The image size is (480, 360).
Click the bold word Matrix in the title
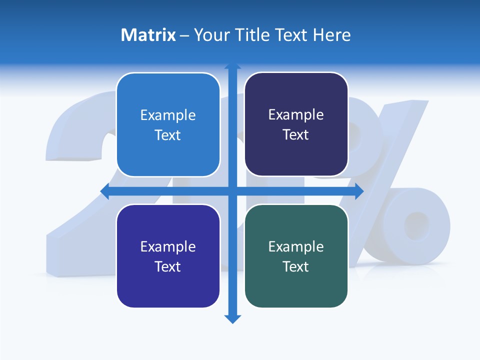pyautogui.click(x=148, y=35)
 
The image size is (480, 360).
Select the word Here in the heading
pyautogui.click(x=332, y=35)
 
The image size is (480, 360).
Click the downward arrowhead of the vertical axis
pyautogui.click(x=232, y=318)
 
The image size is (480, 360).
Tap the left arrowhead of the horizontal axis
pyautogui.click(x=105, y=191)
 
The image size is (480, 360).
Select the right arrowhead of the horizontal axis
pyautogui.click(x=359, y=191)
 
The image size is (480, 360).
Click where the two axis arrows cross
pyautogui.click(x=232, y=191)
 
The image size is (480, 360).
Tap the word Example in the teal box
pyautogui.click(x=296, y=246)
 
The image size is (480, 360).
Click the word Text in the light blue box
pyautogui.click(x=168, y=135)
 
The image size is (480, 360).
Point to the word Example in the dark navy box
pyautogui.click(x=296, y=115)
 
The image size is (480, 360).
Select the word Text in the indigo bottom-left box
pyautogui.click(x=168, y=266)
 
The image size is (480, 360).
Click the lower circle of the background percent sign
pyautogui.click(x=416, y=225)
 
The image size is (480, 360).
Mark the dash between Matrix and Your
pyautogui.click(x=184, y=35)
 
